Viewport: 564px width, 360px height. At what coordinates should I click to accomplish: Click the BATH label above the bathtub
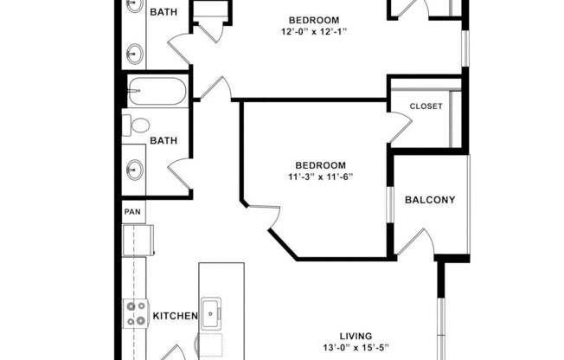163,12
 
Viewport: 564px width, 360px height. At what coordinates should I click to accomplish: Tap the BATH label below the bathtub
163,139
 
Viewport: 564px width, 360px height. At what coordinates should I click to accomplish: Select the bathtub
157,90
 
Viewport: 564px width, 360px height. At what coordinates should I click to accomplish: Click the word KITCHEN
176,317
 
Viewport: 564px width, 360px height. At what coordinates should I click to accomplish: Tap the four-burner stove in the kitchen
136,312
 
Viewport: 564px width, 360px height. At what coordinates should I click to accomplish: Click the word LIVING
356,336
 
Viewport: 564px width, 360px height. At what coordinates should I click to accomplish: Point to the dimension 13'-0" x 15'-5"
356,349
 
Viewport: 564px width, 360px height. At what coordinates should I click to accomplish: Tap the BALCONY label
430,200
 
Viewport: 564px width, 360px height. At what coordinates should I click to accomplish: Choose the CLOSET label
426,106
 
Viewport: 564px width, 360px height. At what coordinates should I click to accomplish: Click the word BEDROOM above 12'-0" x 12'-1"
314,20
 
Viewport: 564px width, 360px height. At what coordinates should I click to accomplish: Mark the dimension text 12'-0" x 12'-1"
314,33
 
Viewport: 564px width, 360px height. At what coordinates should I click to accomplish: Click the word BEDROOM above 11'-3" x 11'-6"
321,165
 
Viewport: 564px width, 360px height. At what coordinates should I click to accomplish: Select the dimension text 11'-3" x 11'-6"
321,177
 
